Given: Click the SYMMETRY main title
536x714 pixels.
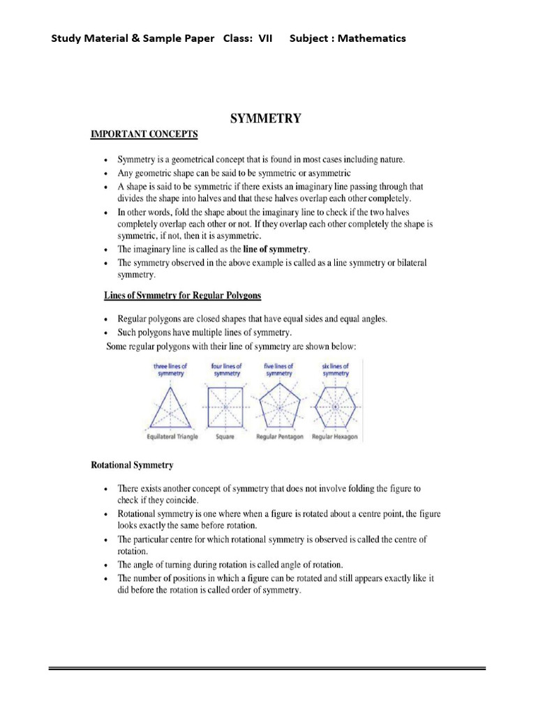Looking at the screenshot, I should coord(266,119).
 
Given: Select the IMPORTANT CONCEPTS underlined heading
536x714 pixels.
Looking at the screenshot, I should coord(144,134).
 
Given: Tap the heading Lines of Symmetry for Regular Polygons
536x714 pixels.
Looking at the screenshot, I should coord(182,296).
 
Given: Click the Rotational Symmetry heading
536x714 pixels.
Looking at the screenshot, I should coord(132,464).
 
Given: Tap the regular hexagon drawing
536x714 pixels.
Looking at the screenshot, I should coord(336,407).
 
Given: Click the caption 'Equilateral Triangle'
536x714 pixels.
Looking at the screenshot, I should coord(172,436).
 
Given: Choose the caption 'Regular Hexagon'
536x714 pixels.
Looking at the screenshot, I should coord(335,436).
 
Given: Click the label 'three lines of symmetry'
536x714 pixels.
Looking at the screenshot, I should coord(171,370).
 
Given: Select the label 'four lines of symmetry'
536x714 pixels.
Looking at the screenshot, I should coord(226,370).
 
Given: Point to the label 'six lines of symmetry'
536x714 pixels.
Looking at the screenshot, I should coord(336,370).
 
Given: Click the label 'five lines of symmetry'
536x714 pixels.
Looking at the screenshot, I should coord(279,370).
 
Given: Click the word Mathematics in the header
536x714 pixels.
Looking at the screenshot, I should coord(372,38).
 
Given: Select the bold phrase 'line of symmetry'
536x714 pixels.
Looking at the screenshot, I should coord(276,249).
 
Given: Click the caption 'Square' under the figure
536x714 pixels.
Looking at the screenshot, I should coord(225,436).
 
